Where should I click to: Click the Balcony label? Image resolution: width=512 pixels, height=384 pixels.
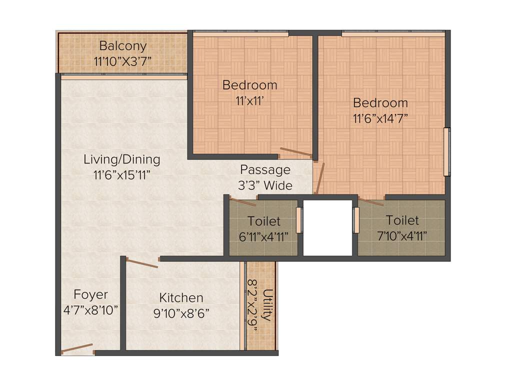122,46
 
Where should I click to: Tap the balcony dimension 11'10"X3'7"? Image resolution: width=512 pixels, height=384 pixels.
122,61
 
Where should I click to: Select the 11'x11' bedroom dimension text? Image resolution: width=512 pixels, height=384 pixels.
249,100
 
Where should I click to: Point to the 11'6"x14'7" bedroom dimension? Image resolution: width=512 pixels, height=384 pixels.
380,119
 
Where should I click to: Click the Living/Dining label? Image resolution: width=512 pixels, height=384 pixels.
122,160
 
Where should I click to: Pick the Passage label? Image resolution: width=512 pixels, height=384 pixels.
265,169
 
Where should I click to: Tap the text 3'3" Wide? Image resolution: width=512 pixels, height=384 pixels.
265,185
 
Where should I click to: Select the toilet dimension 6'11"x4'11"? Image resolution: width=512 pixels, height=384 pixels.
264,236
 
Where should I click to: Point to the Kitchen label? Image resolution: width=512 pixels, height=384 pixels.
181,298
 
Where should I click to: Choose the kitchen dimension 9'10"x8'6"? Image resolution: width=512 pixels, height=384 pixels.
181,313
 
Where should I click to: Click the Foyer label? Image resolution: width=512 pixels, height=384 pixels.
90,294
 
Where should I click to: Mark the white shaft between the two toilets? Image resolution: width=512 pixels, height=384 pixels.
327,227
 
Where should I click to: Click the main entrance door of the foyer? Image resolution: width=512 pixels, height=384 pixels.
77,348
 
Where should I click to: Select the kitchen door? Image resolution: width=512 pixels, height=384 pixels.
142,262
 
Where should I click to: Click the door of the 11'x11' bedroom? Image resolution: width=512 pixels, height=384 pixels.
296,152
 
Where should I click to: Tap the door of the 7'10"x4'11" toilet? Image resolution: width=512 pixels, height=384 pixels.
371,202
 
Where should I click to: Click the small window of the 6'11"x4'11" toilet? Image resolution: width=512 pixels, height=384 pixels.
299,220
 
